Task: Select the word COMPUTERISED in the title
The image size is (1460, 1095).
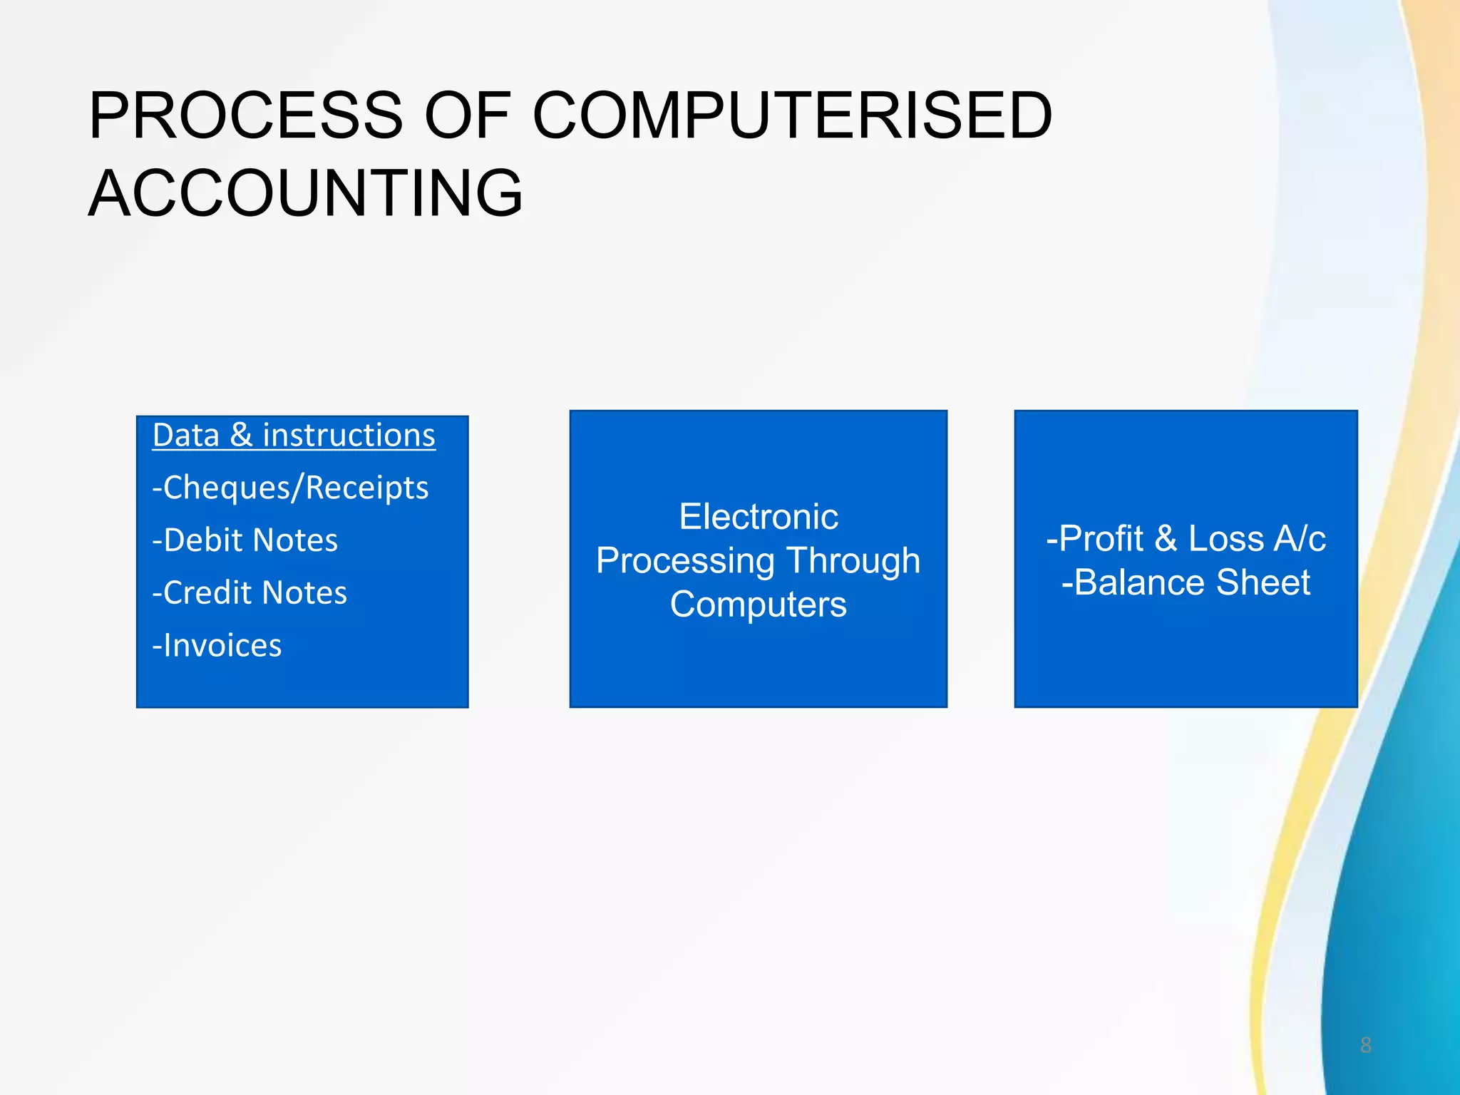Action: pyautogui.click(x=792, y=115)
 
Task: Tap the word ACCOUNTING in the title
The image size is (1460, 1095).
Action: pyautogui.click(x=306, y=194)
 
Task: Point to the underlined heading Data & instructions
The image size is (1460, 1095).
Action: pyautogui.click(x=294, y=436)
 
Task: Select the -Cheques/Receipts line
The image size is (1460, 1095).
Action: pyautogui.click(x=290, y=488)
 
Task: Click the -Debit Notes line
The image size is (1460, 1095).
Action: pyautogui.click(x=245, y=540)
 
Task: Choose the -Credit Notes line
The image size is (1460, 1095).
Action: pyautogui.click(x=250, y=593)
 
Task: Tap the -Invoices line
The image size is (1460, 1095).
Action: pyautogui.click(x=217, y=646)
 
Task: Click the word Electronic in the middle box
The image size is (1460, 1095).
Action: pyautogui.click(x=759, y=517)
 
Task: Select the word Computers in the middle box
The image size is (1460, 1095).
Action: pyautogui.click(x=759, y=605)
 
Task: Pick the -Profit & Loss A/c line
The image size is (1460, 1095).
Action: pyautogui.click(x=1186, y=539)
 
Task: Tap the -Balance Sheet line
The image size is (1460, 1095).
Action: pyautogui.click(x=1186, y=582)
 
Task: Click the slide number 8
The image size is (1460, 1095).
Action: pyautogui.click(x=1366, y=1045)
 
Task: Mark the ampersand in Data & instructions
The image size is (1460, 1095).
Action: pyautogui.click(x=241, y=436)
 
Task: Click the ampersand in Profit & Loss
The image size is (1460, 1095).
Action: pyautogui.click(x=1166, y=539)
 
